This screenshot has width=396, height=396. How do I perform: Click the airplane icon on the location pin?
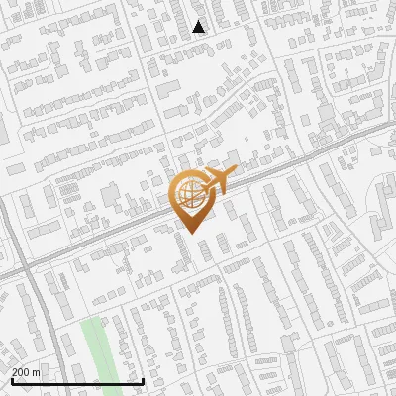tap(216, 182)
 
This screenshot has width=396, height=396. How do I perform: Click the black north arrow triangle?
tap(199, 27)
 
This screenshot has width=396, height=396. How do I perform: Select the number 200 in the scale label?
tap(21, 372)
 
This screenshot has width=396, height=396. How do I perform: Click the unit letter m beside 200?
tap(37, 372)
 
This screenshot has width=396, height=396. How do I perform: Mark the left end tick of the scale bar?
tap(12, 380)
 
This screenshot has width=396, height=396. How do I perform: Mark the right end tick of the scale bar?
tap(144, 380)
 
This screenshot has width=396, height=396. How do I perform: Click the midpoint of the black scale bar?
tap(77, 381)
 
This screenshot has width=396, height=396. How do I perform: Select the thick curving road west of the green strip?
tap(40, 327)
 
